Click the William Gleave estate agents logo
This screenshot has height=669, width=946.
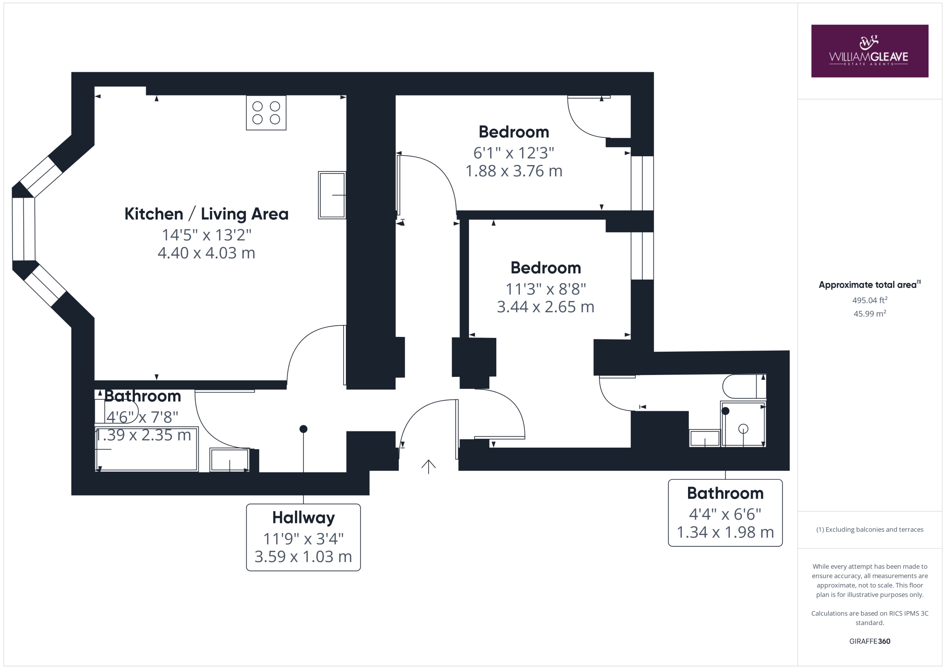870,51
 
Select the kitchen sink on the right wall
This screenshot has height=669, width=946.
332,195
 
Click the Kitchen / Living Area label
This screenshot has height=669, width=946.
207,214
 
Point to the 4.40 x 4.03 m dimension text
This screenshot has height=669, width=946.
207,253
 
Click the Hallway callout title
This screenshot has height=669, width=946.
304,518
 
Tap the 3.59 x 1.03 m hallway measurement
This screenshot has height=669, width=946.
303,557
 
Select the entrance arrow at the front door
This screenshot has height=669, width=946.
429,467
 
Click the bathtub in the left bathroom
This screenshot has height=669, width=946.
147,449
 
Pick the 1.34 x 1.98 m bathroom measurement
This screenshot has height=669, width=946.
725,532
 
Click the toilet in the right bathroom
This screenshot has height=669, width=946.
744,386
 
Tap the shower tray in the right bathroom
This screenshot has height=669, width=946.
743,424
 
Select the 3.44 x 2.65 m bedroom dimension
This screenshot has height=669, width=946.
545,307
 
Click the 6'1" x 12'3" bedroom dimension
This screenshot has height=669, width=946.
514,153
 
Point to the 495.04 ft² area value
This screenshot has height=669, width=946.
870,300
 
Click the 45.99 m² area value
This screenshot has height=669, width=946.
870,314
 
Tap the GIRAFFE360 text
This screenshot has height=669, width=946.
870,641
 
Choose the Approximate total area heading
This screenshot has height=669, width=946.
870,285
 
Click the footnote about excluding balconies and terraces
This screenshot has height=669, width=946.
870,530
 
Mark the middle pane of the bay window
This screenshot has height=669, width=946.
24,229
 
